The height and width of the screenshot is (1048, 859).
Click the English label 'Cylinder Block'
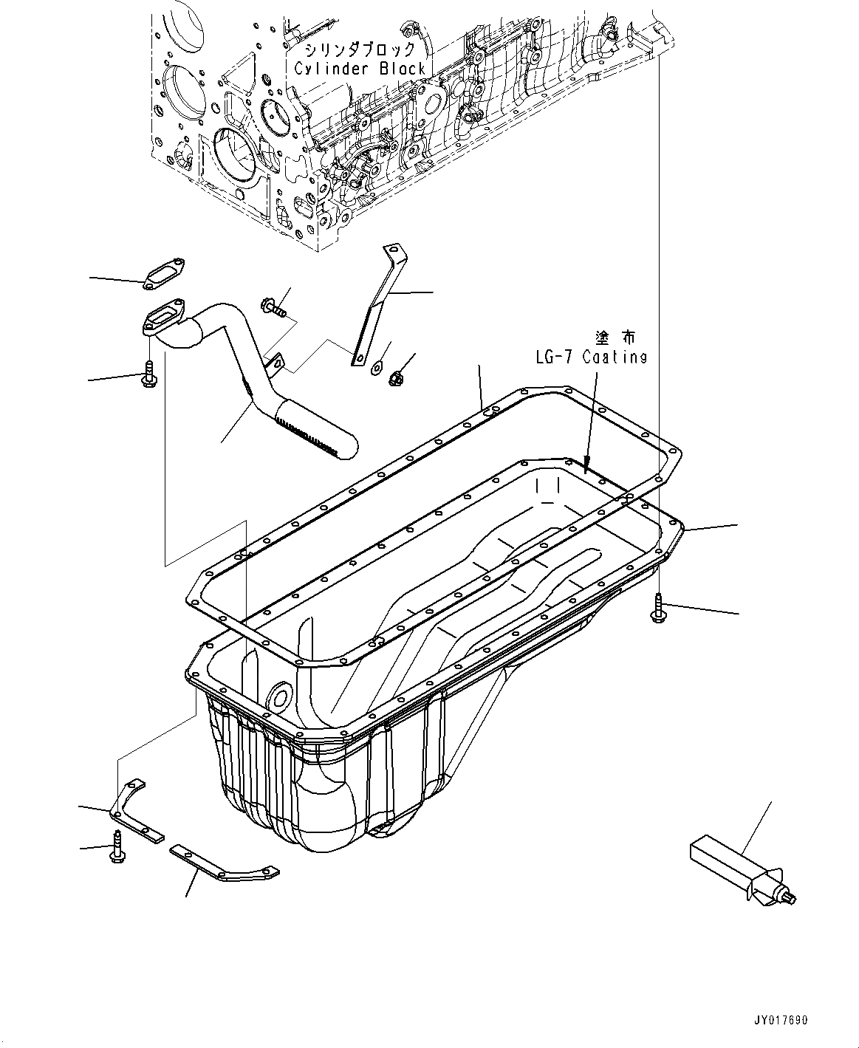[x=360, y=69]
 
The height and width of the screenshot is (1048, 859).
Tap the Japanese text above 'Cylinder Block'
[x=360, y=49]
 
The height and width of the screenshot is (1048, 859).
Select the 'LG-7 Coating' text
[x=591, y=357]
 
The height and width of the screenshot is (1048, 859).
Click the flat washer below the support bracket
[x=377, y=363]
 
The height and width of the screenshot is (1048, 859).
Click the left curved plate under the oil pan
[x=137, y=812]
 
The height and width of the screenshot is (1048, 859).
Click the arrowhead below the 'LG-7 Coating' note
[x=586, y=467]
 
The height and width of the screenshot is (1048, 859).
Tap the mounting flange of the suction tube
[x=159, y=321]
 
